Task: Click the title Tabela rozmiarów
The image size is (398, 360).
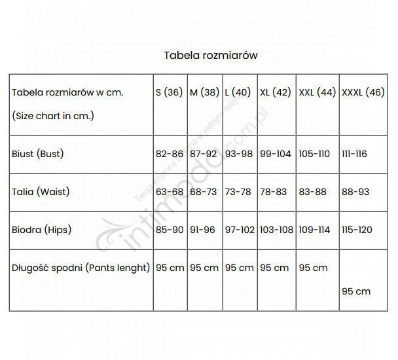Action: tap(211, 55)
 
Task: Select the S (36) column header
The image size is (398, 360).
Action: tap(169, 92)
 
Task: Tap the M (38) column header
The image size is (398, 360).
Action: tap(204, 92)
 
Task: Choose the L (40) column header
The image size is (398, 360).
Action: tap(238, 92)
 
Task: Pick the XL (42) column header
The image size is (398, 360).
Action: tap(275, 92)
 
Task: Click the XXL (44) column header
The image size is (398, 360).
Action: tap(317, 92)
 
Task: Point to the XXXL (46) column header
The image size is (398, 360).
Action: tap(363, 92)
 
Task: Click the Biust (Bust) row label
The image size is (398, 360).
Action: tap(37, 154)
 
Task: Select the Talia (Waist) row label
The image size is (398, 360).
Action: tap(41, 192)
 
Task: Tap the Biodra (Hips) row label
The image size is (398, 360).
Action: tap(42, 230)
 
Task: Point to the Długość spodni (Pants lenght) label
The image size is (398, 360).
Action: tap(81, 268)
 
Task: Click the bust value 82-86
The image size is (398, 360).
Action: tap(170, 154)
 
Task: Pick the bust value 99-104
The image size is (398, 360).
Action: tap(275, 154)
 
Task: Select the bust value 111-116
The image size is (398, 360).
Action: tap(354, 154)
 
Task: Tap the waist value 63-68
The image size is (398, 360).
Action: tap(170, 192)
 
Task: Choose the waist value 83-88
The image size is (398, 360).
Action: tap(313, 192)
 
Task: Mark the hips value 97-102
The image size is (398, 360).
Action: tap(240, 230)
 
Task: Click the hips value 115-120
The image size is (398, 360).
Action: tap(357, 230)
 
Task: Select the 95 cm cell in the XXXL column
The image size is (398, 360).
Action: tap(356, 291)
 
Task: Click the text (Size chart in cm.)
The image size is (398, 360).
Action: tap(53, 116)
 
